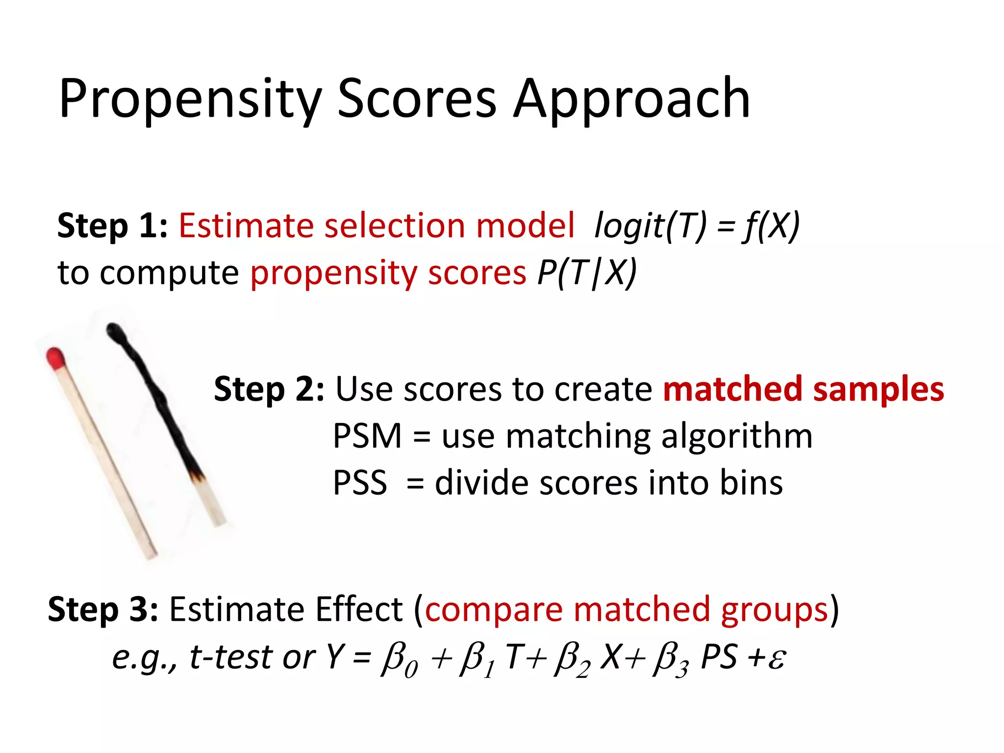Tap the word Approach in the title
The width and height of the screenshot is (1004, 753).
[632, 100]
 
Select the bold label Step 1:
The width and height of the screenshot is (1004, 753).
[112, 226]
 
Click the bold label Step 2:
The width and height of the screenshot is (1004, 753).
[269, 389]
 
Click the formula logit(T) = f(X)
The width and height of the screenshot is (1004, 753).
[696, 226]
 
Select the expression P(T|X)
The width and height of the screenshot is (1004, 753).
[587, 273]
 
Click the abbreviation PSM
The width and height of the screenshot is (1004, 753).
[367, 436]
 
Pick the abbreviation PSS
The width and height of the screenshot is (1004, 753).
[360, 483]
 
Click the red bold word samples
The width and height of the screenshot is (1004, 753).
[878, 389]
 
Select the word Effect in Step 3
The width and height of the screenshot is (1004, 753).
[359, 609]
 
